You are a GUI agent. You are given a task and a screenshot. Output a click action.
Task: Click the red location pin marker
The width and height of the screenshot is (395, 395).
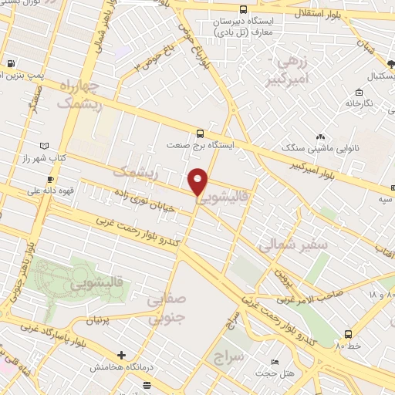198,182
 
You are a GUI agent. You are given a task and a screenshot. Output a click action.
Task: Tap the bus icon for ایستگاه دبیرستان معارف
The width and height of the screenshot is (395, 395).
244,10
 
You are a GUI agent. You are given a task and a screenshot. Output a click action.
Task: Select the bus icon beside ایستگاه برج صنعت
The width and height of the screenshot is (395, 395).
201,132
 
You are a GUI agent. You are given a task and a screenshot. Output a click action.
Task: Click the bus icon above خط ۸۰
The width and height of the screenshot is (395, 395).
348,334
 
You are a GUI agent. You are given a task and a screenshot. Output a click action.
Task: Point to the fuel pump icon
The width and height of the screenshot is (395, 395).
10,64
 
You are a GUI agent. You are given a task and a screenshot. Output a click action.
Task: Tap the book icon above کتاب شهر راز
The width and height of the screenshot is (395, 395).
44,146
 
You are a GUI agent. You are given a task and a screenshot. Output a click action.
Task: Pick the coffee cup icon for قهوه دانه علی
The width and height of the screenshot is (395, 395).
32,188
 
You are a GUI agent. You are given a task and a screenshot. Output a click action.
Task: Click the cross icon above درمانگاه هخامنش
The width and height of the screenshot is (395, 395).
121,356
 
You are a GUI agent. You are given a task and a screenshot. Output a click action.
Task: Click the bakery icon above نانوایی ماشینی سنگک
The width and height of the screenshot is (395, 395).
320,137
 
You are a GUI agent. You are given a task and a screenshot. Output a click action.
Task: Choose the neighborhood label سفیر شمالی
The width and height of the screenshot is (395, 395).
293,245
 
